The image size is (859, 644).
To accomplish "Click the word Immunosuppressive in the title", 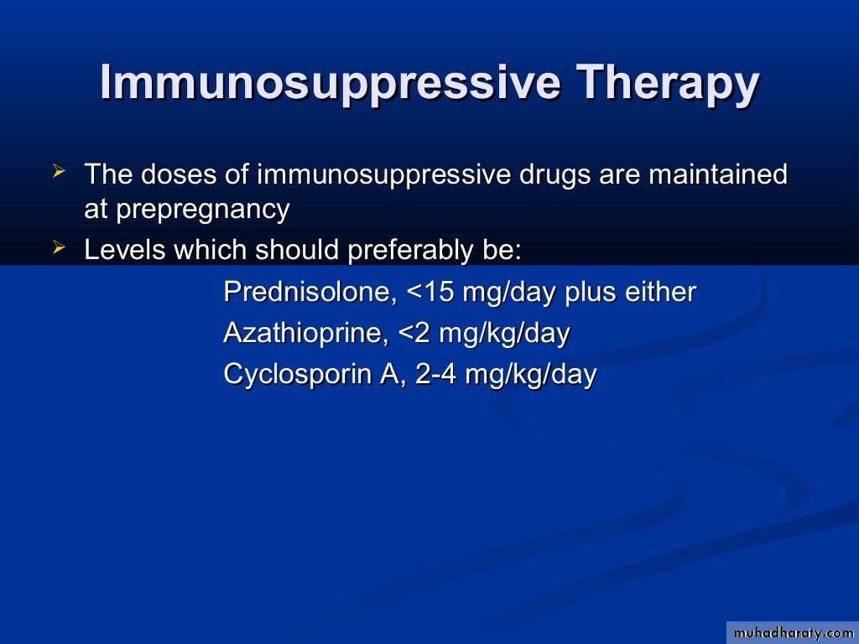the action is coord(330,84).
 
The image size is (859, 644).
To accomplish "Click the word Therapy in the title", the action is coord(669,84).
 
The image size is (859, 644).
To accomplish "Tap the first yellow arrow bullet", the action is coord(60,171).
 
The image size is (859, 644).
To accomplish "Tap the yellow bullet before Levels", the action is coord(60,247).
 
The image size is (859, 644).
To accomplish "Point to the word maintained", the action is coord(718,174).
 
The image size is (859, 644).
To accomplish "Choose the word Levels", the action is coord(124,249).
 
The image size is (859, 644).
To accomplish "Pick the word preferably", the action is coord(409,251).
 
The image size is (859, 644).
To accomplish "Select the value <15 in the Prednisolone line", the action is coord(430,291).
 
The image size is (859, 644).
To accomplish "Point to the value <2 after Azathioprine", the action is coord(414,333).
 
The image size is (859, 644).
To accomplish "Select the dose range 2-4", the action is coord(435,375).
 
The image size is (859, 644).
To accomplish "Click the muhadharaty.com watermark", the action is coord(793,633).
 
